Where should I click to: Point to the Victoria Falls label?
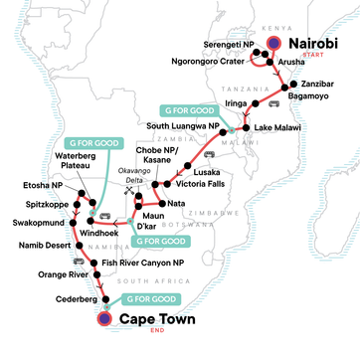[x=205, y=183]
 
